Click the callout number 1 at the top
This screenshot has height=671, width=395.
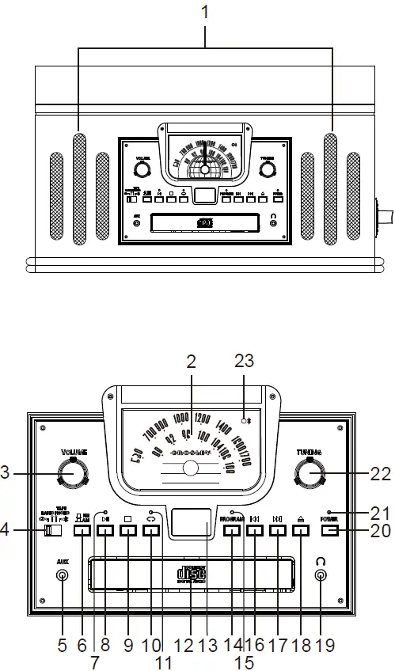(x=205, y=13)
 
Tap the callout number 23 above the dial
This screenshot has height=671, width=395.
(x=244, y=359)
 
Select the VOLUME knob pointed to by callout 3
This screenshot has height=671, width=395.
(x=72, y=474)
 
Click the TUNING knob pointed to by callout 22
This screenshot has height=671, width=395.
(x=310, y=473)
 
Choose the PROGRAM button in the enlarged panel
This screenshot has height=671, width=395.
(x=232, y=532)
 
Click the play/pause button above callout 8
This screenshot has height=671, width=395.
(x=105, y=532)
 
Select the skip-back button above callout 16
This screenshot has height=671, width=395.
(x=254, y=532)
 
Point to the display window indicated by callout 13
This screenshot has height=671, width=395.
(x=192, y=524)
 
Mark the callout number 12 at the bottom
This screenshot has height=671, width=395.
(x=183, y=646)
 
